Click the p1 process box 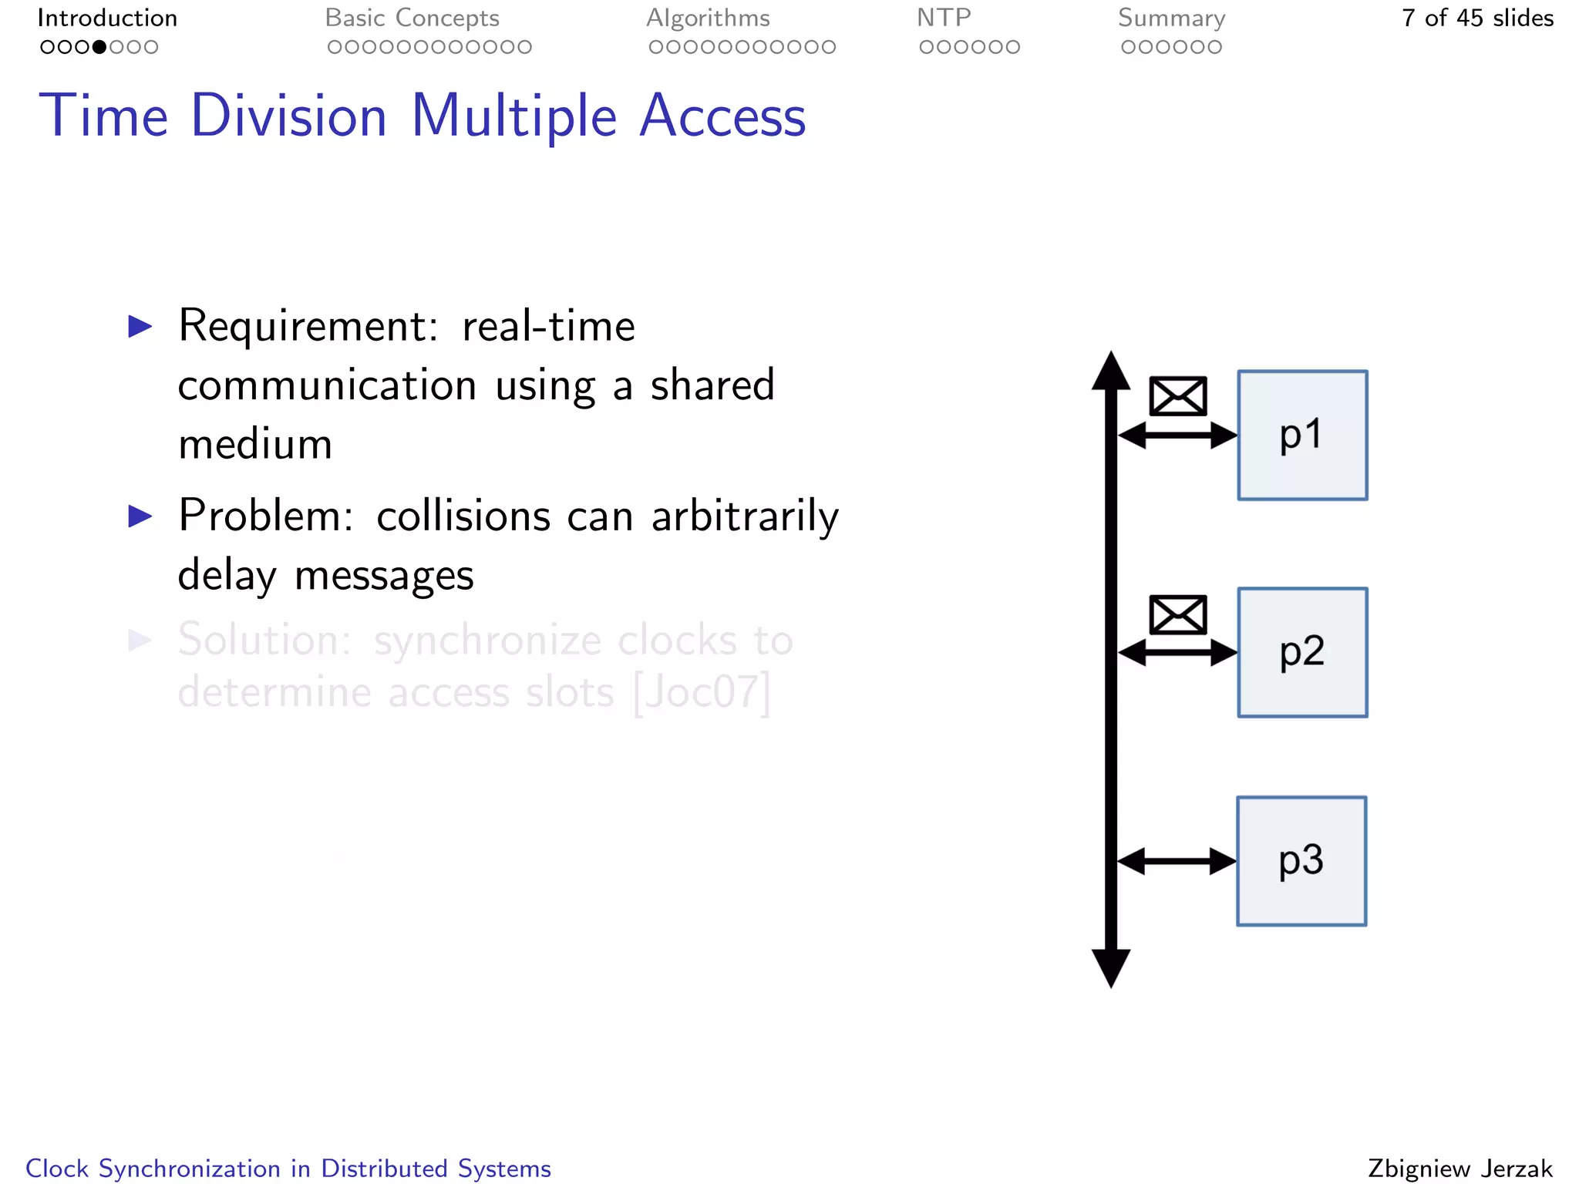pos(1302,436)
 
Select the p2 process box pos(1302,653)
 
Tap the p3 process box pos(1301,861)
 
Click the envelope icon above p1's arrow pos(1177,396)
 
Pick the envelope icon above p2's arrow pos(1177,614)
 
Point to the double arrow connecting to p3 pos(1177,861)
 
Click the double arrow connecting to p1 pos(1177,436)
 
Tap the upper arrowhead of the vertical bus pos(1111,372)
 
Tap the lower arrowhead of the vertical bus pos(1111,967)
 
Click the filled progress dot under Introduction pos(99,47)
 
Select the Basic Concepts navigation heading pos(412,18)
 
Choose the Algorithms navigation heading pos(708,18)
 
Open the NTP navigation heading pos(944,18)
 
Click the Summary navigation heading pos(1171,18)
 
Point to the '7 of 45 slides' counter pos(1477,18)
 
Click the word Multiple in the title pos(513,116)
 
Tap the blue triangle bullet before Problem pos(140,516)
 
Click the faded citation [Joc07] pos(702,692)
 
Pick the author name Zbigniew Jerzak pos(1459,1169)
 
